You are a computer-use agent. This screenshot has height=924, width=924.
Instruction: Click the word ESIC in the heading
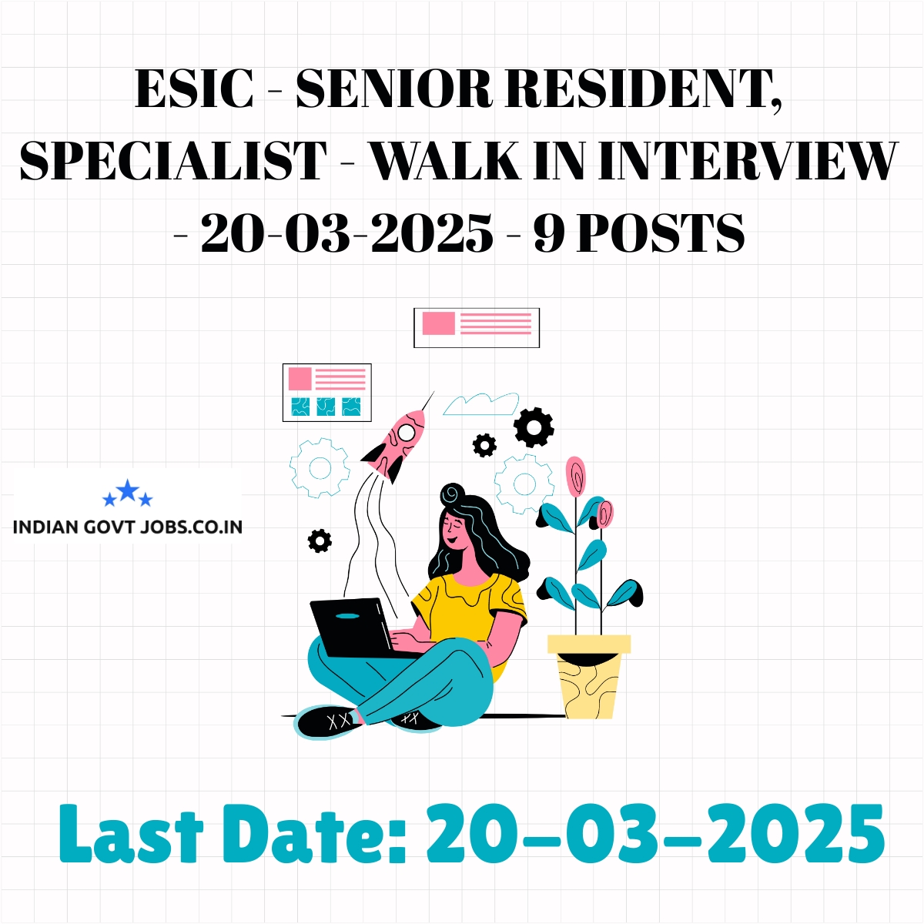194,89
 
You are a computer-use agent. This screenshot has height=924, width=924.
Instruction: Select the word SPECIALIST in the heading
173,161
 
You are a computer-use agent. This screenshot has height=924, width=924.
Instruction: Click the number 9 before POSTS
549,233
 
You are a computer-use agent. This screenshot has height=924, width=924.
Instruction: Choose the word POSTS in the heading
660,233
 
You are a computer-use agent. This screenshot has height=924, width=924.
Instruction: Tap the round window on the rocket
406,432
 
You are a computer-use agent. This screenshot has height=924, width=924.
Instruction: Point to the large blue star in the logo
128,490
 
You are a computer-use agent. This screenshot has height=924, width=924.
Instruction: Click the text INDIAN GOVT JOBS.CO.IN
128,527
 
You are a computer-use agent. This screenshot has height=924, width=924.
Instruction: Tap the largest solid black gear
534,427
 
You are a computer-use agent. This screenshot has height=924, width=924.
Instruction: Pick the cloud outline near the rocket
481,404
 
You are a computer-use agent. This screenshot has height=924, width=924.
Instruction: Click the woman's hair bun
453,493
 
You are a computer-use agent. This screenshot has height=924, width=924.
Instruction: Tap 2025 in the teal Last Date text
794,835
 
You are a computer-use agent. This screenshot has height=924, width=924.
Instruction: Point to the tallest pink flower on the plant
575,476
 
